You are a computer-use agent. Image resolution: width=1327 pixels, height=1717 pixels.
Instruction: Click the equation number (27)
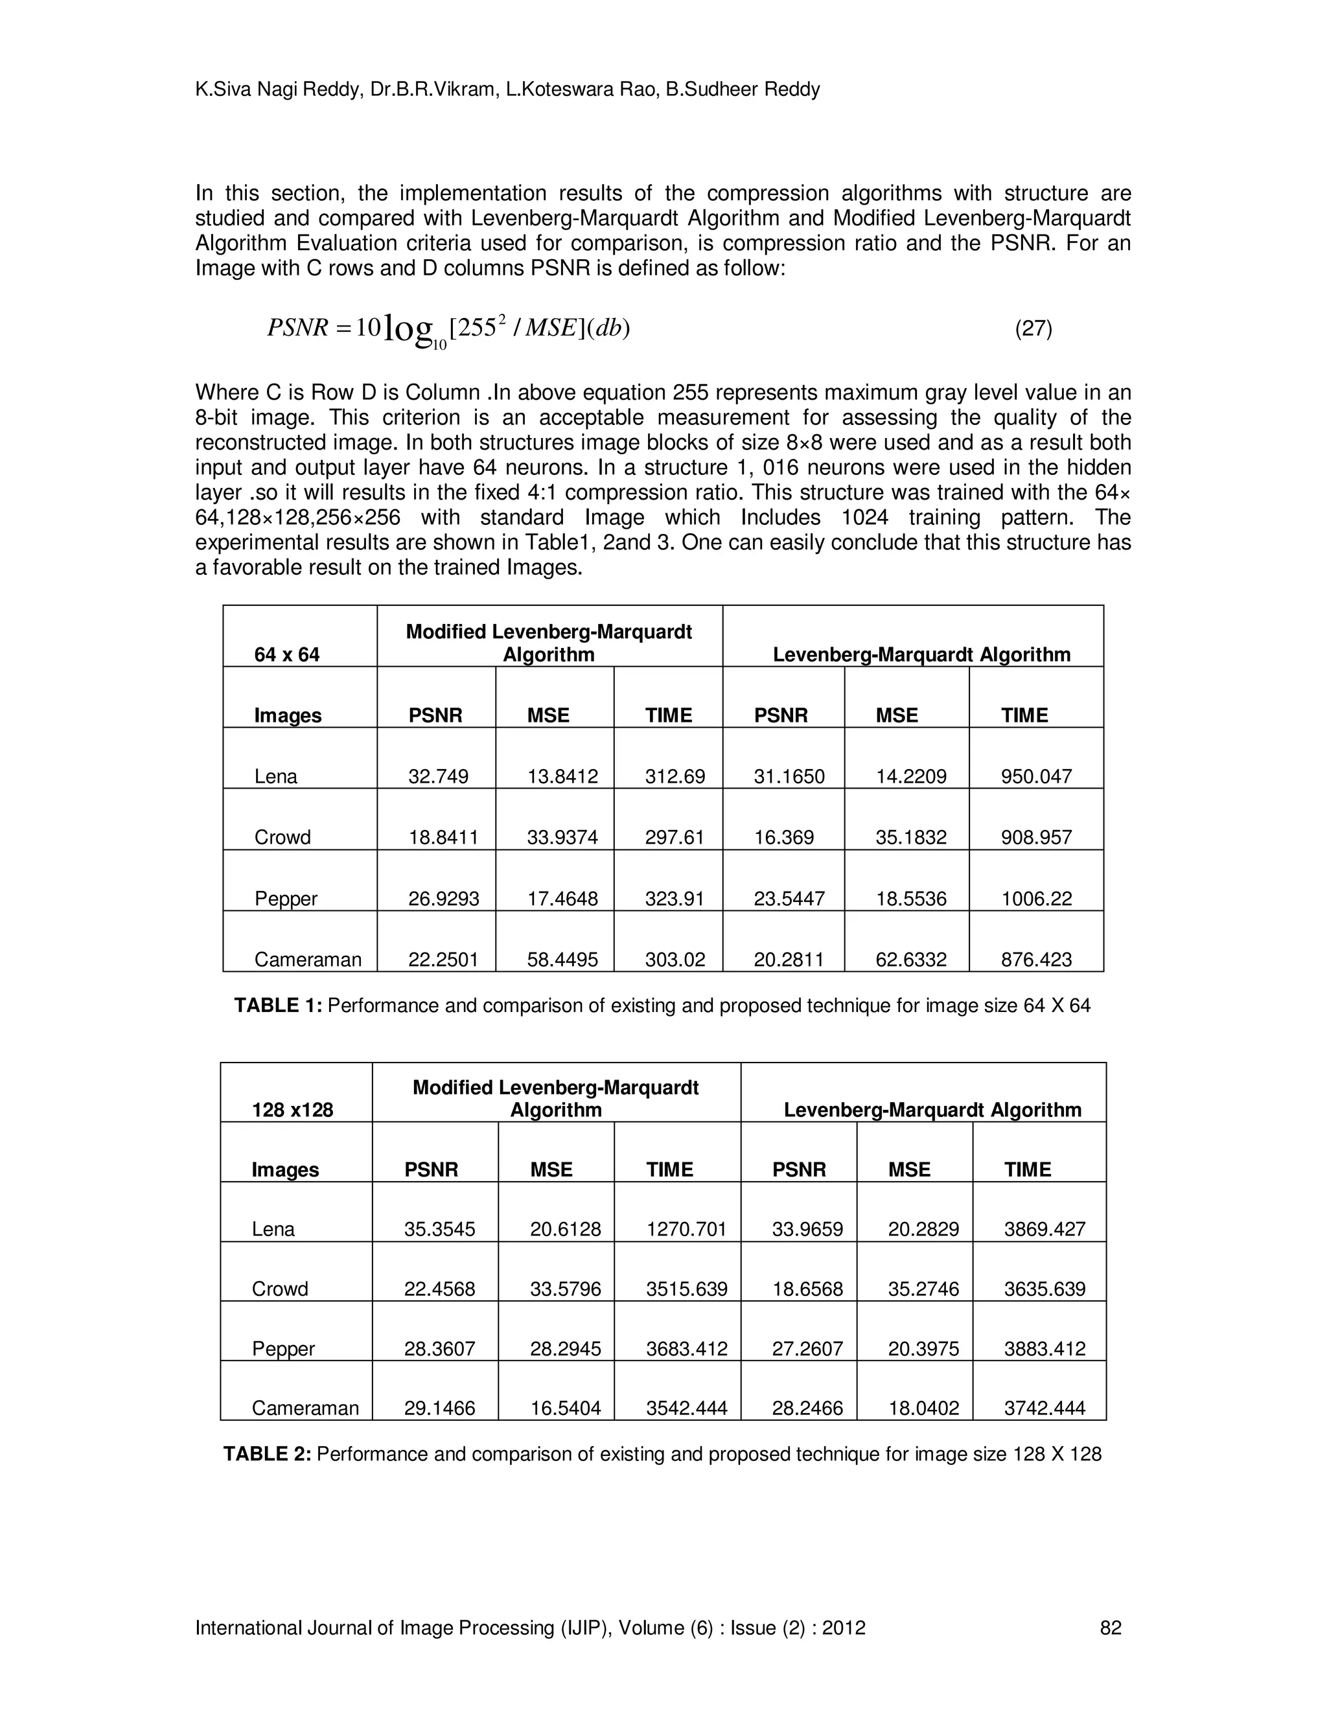(1033, 328)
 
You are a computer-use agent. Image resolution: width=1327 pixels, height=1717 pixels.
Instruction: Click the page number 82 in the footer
(1110, 1628)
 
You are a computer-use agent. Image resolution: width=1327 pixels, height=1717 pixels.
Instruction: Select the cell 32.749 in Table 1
(438, 777)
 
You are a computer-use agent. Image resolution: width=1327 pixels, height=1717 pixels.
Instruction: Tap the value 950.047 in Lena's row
(1036, 777)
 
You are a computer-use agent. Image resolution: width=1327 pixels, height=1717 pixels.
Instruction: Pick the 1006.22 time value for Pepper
(1036, 899)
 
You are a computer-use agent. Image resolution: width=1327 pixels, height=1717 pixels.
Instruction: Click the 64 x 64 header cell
(287, 654)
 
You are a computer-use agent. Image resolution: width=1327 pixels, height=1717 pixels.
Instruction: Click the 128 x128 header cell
(292, 1109)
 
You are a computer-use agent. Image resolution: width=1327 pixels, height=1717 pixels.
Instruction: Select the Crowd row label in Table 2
(280, 1289)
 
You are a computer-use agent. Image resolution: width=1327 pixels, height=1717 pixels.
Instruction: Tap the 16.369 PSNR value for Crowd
(784, 837)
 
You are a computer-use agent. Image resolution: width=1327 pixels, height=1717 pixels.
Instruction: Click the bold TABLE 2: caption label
(268, 1454)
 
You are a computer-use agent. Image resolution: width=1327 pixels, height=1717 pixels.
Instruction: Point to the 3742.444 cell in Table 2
(1044, 1408)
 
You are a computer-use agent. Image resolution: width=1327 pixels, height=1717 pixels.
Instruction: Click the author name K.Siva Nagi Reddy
(277, 89)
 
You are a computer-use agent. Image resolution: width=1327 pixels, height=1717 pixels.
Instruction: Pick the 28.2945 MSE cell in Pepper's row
(565, 1348)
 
